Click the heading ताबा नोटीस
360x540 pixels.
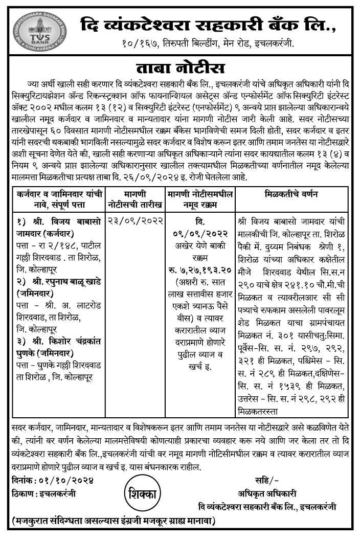[x=180, y=69]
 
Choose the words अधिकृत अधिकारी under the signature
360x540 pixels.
[x=266, y=493]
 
